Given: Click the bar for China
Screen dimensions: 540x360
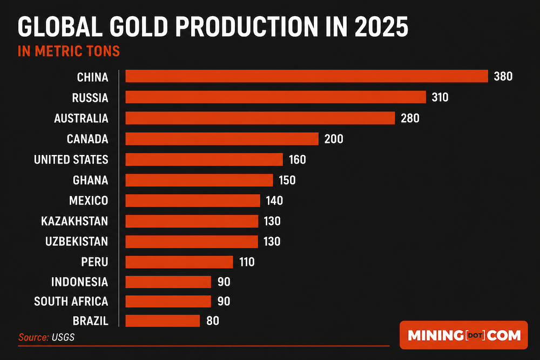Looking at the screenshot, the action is point(307,76).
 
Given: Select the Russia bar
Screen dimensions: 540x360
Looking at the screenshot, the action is point(275,97).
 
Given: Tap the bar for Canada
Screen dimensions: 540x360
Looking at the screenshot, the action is point(222,139).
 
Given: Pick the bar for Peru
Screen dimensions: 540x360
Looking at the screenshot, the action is point(179,262).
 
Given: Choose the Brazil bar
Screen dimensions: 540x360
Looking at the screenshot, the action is point(163,321).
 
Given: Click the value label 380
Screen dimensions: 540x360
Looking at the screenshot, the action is point(503,77).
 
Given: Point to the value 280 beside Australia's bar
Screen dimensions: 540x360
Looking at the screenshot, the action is point(410,118).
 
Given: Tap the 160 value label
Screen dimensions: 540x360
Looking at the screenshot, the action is point(298,160).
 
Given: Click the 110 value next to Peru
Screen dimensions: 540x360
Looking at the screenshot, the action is point(247,262).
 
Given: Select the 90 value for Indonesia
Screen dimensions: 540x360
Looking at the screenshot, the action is point(224,282).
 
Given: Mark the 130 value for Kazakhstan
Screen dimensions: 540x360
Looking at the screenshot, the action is point(272,221).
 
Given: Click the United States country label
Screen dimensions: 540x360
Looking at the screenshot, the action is point(71,160).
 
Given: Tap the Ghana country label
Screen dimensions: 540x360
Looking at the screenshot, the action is point(91,180).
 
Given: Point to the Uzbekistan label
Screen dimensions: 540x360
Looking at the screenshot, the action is point(77,241).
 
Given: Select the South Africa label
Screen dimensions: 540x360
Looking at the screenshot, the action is point(71,302).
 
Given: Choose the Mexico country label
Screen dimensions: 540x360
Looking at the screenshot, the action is point(89,200).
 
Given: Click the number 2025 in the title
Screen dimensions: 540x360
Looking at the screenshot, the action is point(381,27).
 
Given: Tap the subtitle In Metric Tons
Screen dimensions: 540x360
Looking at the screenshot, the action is point(69,51).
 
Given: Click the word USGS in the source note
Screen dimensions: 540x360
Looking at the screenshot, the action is point(63,337).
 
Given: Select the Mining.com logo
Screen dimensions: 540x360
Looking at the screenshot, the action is point(463,335).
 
